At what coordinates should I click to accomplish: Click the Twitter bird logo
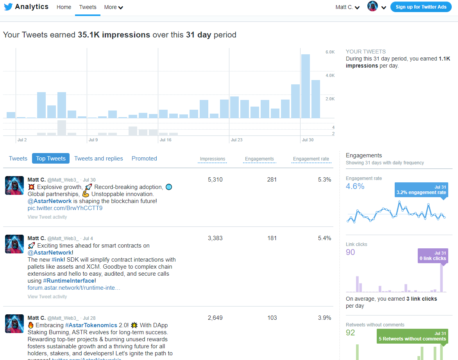pyautogui.click(x=8, y=7)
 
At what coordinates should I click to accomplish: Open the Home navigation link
pyautogui.click(x=64, y=7)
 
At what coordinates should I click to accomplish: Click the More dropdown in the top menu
pyautogui.click(x=113, y=7)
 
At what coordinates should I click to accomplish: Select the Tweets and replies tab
pyautogui.click(x=98, y=159)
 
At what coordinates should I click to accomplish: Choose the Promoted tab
pyautogui.click(x=144, y=159)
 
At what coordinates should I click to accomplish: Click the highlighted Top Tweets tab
pyautogui.click(x=51, y=159)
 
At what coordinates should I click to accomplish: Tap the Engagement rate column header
pyautogui.click(x=311, y=159)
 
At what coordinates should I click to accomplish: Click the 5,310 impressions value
pyautogui.click(x=215, y=180)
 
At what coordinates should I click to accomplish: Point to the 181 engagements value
pyautogui.click(x=272, y=238)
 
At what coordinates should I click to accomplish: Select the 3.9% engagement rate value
pyautogui.click(x=324, y=318)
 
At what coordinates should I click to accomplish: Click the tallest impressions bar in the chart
pyautogui.click(x=306, y=86)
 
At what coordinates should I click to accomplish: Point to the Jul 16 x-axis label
pyautogui.click(x=165, y=140)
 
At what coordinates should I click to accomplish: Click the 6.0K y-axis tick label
pyautogui.click(x=330, y=52)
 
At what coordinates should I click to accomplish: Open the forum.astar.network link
pyautogui.click(x=74, y=288)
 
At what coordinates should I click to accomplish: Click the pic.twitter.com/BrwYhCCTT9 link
pyautogui.click(x=65, y=208)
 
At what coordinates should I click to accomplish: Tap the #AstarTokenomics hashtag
pyautogui.click(x=91, y=325)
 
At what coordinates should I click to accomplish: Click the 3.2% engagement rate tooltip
pyautogui.click(x=421, y=190)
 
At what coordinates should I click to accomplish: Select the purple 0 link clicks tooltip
pyautogui.click(x=432, y=256)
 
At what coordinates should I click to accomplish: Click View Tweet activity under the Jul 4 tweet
pyautogui.click(x=47, y=297)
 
